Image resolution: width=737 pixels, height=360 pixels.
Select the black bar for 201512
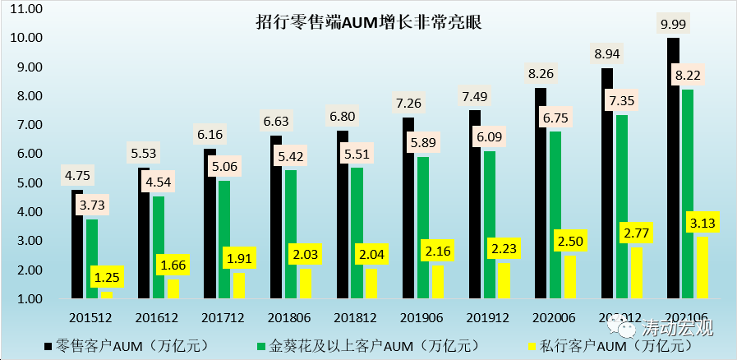coord(77,247)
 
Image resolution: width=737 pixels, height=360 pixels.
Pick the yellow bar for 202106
coord(702,267)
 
